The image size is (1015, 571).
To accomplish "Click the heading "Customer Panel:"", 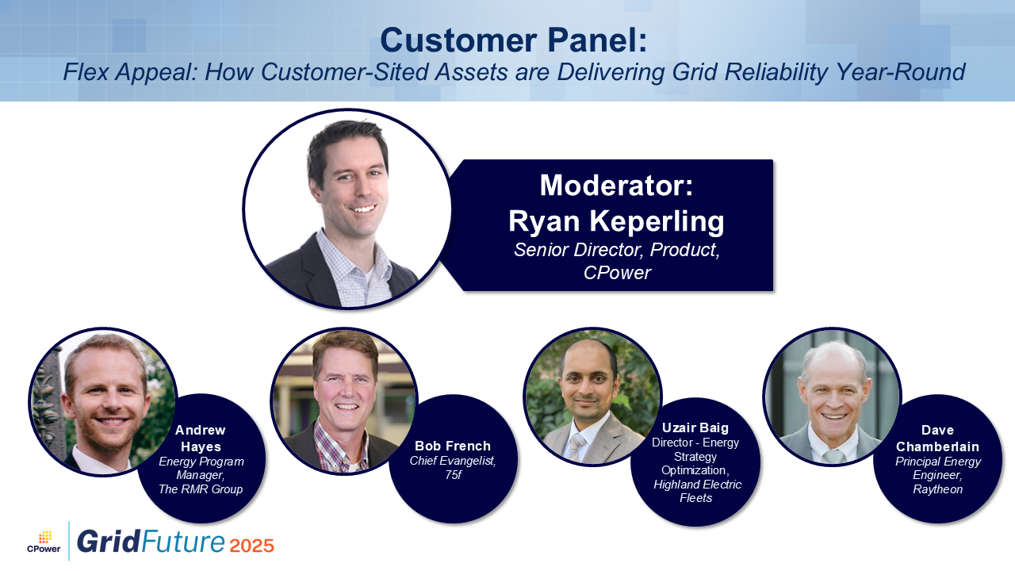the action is point(514,40).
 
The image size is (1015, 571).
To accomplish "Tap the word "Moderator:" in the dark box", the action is point(616,186).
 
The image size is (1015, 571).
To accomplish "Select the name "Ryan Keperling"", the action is point(616,221).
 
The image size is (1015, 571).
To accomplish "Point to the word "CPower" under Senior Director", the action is point(617,273).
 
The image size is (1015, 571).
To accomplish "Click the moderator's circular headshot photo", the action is point(347,209).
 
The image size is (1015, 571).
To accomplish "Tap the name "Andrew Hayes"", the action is point(201,439).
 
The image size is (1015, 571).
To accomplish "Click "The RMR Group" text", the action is point(201,489).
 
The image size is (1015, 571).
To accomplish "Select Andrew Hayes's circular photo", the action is point(103,402).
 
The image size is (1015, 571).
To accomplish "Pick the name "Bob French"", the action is point(453,446).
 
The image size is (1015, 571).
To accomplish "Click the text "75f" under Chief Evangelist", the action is point(453,475).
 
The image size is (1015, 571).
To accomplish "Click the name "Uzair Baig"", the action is point(695,427).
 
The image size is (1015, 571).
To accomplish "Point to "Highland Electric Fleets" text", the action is point(697,491).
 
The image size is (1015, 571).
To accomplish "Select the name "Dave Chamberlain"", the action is point(937,439).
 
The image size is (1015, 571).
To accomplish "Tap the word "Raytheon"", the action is point(937,489).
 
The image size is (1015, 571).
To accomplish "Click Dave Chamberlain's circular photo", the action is point(832,397).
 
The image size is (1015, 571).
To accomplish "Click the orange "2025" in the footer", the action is point(251,546).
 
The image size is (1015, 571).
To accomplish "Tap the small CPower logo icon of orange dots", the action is point(45,537).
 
